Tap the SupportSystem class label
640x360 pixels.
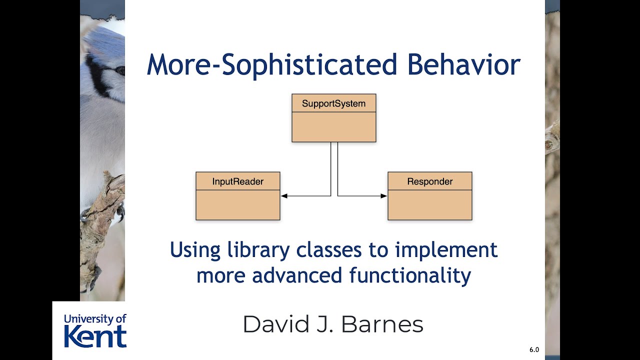point(333,104)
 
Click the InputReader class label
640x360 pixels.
point(237,181)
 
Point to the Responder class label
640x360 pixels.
point(429,181)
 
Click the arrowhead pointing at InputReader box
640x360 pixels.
point(284,196)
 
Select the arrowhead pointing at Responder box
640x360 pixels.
point(384,196)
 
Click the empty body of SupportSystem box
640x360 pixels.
point(333,127)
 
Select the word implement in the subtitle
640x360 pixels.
point(446,249)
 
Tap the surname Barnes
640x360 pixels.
point(382,324)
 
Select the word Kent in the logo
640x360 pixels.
point(95,336)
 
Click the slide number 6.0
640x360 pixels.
point(534,350)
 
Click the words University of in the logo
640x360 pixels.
point(95,318)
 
